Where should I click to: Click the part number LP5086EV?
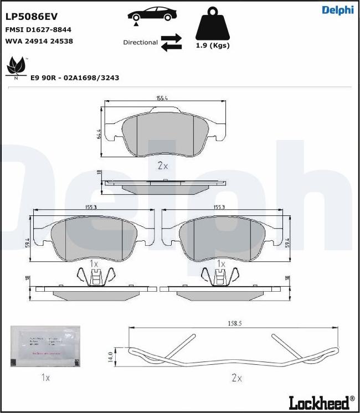tap(31, 17)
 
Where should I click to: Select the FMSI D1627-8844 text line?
tap(38, 30)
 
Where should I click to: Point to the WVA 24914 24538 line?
tap(39, 41)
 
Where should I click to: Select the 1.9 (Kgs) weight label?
tap(213, 45)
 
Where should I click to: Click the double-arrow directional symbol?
tap(171, 43)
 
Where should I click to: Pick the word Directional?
tap(140, 43)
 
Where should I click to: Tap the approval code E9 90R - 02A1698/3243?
tap(75, 78)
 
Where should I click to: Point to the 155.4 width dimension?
tap(162, 99)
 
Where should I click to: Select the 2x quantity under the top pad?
tap(162, 166)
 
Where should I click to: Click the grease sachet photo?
tap(45, 347)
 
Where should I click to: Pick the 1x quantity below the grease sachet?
tap(45, 378)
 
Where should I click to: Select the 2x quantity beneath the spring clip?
tap(236, 378)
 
